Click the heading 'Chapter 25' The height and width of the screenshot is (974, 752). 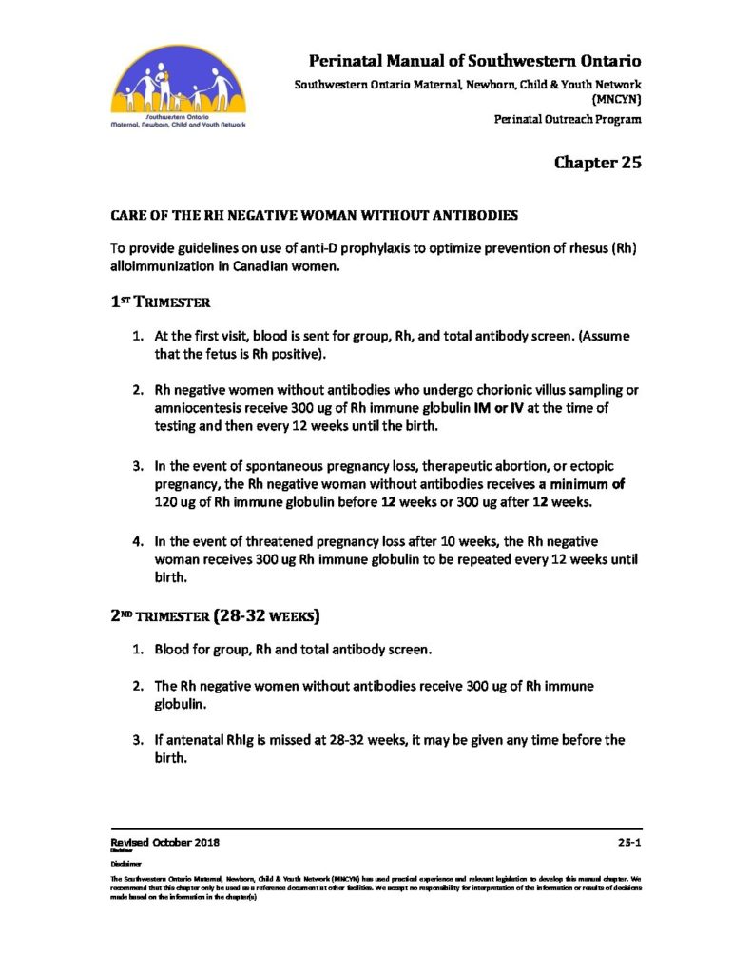pyautogui.click(x=598, y=162)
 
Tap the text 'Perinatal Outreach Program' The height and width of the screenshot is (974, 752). pyautogui.click(x=568, y=119)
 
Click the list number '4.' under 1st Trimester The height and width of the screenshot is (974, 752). pyautogui.click(x=138, y=541)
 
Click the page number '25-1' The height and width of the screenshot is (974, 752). pyautogui.click(x=627, y=843)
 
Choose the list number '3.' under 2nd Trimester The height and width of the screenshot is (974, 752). pyautogui.click(x=138, y=739)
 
